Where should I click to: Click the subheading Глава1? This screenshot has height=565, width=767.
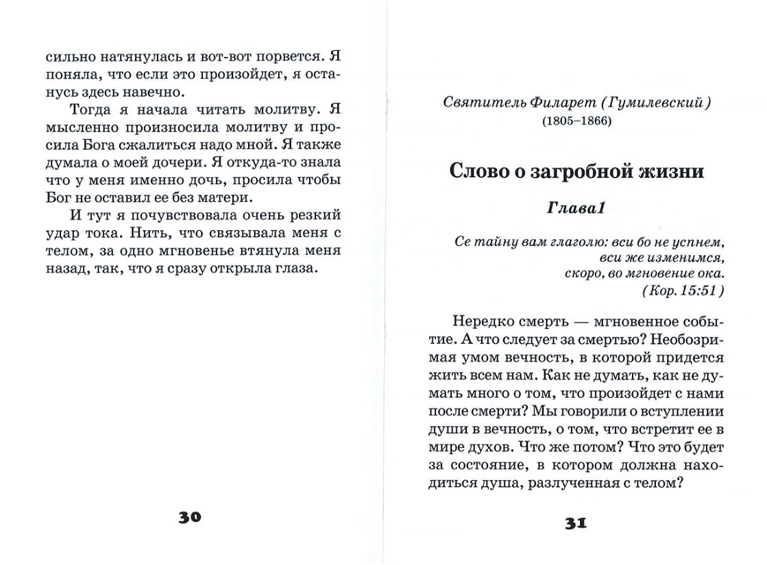(574, 209)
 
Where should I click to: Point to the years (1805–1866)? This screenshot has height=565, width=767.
(576, 121)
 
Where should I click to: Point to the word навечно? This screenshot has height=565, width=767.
(158, 91)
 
